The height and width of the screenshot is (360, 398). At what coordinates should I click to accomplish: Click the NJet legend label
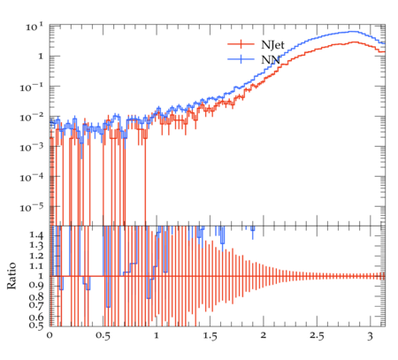[x=272, y=45]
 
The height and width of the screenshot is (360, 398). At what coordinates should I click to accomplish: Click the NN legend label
[x=271, y=60]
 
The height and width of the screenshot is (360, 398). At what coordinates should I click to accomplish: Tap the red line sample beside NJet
[x=241, y=44]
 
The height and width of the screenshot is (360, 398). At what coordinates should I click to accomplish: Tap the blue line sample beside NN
[x=241, y=59]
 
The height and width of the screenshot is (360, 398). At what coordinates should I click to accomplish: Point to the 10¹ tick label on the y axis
[x=34, y=27]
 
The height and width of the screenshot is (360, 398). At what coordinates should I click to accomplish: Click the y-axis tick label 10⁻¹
[x=32, y=88]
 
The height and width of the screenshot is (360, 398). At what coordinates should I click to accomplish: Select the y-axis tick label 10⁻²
[x=32, y=118]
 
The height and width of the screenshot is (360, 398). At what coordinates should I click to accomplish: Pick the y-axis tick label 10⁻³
[x=32, y=148]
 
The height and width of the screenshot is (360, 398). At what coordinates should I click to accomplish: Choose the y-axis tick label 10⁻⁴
[x=32, y=178]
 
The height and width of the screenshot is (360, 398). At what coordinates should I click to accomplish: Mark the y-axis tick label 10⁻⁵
[x=32, y=208]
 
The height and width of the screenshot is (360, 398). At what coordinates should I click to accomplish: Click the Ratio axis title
[x=11, y=276]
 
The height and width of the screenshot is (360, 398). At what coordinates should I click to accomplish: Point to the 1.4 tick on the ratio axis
[x=36, y=235]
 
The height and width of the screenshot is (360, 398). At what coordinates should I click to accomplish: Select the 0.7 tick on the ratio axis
[x=36, y=304]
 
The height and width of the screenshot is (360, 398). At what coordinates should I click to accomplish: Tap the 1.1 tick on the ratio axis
[x=36, y=266]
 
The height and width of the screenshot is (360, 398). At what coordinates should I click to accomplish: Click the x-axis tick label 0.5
[x=103, y=336]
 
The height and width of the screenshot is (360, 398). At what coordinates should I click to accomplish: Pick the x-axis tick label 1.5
[x=210, y=336]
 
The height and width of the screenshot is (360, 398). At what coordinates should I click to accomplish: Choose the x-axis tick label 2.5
[x=317, y=336]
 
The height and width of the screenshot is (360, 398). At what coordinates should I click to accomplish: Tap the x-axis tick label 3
[x=371, y=336]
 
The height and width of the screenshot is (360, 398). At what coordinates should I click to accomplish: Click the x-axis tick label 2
[x=264, y=335]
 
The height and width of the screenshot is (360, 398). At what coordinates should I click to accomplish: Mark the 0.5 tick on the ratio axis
[x=36, y=325]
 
